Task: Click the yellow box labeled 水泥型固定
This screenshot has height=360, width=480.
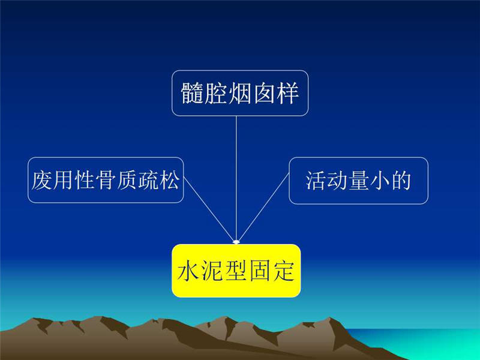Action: click(236, 271)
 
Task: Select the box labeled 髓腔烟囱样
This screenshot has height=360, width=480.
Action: click(240, 93)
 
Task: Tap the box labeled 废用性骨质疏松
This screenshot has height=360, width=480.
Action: click(106, 180)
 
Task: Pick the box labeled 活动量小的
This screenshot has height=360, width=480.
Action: click(358, 181)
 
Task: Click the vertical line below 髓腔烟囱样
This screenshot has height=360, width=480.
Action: click(236, 179)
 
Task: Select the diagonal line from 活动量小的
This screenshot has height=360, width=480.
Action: click(263, 208)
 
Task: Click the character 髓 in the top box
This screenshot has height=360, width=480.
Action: click(192, 93)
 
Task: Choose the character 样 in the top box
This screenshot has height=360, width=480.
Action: click(287, 93)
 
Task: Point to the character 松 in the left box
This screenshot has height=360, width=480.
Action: click(169, 180)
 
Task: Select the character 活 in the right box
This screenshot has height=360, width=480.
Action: click(316, 181)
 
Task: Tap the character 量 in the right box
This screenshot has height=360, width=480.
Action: click(358, 181)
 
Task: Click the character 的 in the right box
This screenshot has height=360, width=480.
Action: click(401, 181)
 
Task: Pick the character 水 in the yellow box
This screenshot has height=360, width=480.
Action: click(188, 271)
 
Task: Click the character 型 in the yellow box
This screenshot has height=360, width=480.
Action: click(236, 271)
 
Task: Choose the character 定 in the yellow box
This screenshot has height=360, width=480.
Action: click(284, 271)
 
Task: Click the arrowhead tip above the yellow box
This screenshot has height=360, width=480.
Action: click(236, 244)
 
